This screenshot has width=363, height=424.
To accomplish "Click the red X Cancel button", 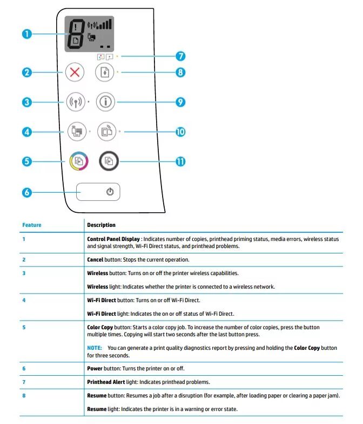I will coord(75,73).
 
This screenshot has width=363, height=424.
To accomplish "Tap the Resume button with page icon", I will coord(105,73).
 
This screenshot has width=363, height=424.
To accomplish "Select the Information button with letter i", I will coord(105,102).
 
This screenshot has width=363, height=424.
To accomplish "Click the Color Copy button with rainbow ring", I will coord(75,161).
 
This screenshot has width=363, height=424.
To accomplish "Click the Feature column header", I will coord(32,225).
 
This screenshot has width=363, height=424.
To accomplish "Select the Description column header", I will coord(101,225).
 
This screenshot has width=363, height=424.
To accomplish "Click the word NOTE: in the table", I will coord(95,348).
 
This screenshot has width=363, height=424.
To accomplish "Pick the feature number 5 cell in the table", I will coord(24,328).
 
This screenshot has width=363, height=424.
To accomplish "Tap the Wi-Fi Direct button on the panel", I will coord(75,131).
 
